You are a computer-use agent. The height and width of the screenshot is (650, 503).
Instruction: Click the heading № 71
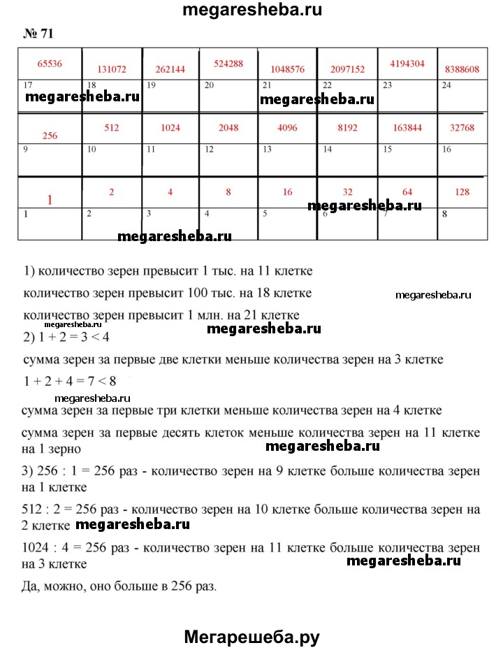pos(38,33)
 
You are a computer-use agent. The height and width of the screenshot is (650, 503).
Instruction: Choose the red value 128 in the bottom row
pos(462,192)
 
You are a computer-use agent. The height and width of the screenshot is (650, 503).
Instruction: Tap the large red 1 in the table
pos(50,201)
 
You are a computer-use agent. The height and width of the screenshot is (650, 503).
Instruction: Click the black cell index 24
pos(447,85)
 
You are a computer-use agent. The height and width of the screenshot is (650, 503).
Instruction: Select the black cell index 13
pos(267,150)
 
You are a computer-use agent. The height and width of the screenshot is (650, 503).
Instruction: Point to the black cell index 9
pos(26,150)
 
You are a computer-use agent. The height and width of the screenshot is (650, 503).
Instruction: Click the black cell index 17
pos(28,85)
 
